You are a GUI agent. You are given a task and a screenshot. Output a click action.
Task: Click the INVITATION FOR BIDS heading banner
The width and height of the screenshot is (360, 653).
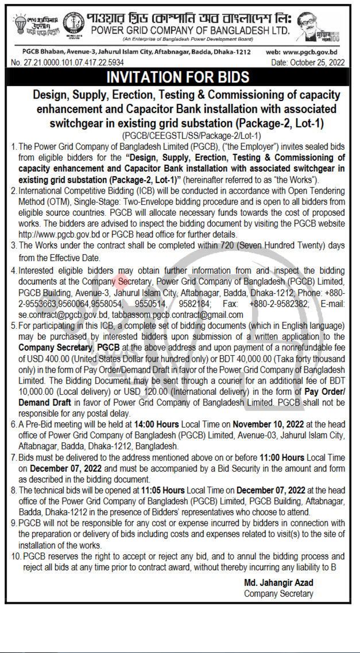click(x=180, y=77)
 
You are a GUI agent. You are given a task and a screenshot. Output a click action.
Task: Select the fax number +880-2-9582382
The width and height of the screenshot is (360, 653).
click(x=274, y=304)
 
